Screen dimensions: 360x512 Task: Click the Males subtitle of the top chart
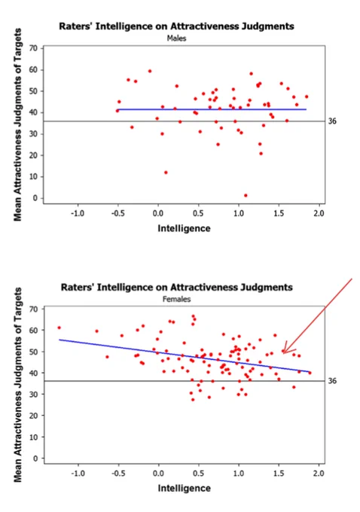coord(176,38)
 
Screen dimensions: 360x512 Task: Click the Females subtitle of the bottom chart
coord(176,299)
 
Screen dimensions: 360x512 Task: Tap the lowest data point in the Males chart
coord(246,196)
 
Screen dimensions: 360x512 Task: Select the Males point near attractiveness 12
coord(166,172)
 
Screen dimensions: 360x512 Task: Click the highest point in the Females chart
coord(193,316)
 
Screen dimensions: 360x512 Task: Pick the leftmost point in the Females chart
coord(59,328)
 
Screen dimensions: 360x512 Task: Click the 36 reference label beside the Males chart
coord(332,121)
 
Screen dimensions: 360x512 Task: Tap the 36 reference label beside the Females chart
coord(332,381)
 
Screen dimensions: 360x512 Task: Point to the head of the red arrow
coord(283,352)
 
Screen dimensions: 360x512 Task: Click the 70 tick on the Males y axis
coord(34,48)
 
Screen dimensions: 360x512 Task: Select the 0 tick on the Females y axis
coord(36,459)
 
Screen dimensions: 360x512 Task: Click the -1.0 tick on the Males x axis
coord(78,213)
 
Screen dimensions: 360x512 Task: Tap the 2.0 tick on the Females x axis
coord(319,473)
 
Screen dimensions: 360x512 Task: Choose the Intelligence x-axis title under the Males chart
coord(184,228)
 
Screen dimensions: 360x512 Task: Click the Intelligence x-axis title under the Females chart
coord(185,488)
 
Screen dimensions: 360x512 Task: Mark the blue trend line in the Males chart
coord(212,109)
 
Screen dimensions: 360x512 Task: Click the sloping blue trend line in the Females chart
coord(185,355)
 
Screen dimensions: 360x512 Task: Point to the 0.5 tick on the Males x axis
coord(198,213)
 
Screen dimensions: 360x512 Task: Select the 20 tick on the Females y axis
coord(34,416)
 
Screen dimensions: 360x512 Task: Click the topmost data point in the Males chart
coord(150,71)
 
